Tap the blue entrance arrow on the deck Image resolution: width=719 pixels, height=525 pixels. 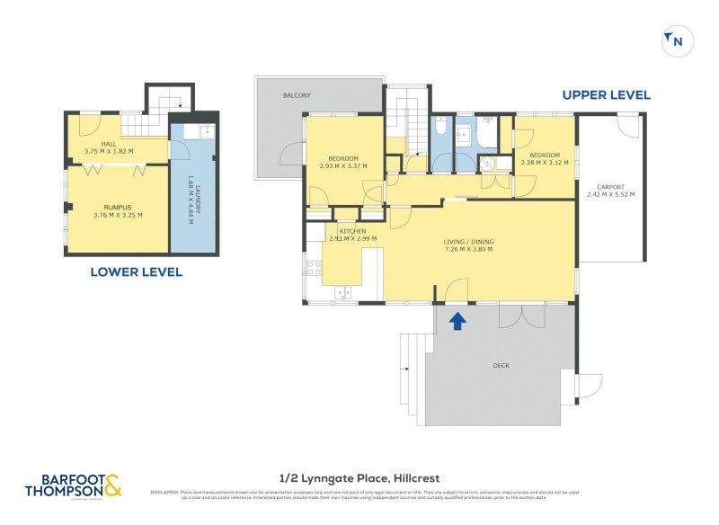457,320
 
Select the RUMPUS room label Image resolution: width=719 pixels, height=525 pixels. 105,206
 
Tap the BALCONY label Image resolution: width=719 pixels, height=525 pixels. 297,95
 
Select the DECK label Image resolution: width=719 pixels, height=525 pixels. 502,366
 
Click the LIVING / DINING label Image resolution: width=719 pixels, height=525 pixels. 468,242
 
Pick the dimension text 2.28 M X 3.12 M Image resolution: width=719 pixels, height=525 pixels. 545,162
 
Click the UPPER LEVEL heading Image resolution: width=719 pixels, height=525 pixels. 606,94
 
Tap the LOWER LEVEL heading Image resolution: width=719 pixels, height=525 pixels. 136,271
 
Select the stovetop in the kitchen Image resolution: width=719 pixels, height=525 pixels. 315,267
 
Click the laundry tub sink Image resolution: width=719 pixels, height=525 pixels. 203,131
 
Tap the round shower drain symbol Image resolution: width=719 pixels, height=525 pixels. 489,164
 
